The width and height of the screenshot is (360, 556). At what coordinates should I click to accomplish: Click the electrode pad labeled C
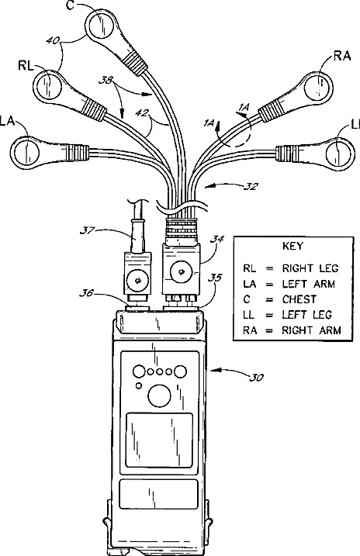102,25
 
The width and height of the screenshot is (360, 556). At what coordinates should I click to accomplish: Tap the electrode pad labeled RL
48,85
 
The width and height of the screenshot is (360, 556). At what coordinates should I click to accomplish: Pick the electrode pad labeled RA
319,87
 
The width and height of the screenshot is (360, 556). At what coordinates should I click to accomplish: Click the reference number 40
53,41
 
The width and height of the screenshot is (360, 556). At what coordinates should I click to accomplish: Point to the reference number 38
106,81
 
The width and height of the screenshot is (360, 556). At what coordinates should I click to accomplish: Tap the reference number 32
251,186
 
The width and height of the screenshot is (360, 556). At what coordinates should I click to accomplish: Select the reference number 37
86,230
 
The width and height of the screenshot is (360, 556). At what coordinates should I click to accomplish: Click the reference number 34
216,240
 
